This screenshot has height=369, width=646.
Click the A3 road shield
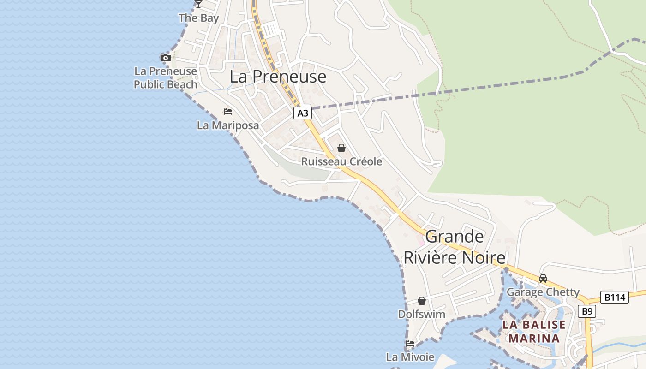point(302,113)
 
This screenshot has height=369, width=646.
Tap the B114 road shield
point(615,298)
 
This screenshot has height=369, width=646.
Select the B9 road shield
point(586,311)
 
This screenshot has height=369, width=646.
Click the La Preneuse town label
point(278,77)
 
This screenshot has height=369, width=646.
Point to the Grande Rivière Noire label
point(455,247)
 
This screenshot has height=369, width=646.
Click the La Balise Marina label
point(534,331)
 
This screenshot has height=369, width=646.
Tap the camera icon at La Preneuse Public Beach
point(165,58)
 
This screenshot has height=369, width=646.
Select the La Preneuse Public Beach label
point(165,78)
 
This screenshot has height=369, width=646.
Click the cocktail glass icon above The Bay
point(198,4)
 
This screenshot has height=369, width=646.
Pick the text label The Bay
point(198,18)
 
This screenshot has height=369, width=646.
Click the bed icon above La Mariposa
point(227,112)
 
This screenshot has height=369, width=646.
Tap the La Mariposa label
point(227,125)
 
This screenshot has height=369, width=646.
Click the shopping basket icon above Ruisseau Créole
point(341,148)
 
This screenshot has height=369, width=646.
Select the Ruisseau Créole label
point(341,161)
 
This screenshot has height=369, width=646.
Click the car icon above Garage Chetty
point(543,279)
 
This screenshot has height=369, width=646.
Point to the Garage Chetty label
point(543,292)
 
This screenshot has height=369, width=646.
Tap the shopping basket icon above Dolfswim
point(422,301)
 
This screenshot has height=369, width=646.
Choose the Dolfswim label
point(422,315)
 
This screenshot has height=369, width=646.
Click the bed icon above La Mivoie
point(410,344)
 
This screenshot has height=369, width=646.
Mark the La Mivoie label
point(410,357)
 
